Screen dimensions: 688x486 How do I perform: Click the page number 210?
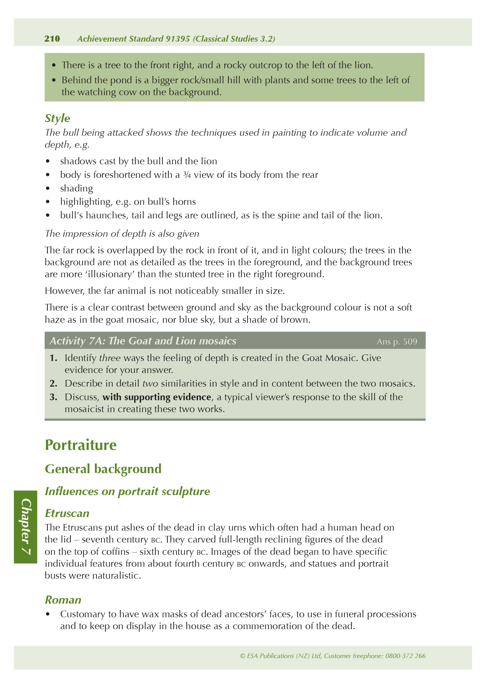(52, 39)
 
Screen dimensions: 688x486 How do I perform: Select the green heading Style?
(57, 118)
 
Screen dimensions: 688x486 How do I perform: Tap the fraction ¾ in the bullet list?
(187, 175)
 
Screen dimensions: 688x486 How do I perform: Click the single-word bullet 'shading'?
(76, 188)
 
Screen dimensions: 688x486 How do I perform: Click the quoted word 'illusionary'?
(110, 274)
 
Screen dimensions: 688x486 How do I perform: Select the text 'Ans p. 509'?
(397, 341)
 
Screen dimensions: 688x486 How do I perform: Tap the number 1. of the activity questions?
(53, 358)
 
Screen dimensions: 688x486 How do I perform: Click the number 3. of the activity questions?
(53, 397)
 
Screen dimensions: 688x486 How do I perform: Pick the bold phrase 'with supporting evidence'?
(157, 397)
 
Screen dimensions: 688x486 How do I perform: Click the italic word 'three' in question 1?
(110, 358)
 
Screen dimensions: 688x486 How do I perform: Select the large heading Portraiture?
(81, 445)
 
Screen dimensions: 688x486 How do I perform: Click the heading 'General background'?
(103, 469)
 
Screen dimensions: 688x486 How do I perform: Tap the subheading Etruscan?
(67, 513)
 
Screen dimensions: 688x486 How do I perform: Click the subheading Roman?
(63, 600)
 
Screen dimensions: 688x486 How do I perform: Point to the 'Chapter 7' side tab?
(26, 527)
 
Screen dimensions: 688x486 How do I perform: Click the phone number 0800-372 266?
(405, 656)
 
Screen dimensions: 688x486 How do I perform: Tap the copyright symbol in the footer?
(242, 656)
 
